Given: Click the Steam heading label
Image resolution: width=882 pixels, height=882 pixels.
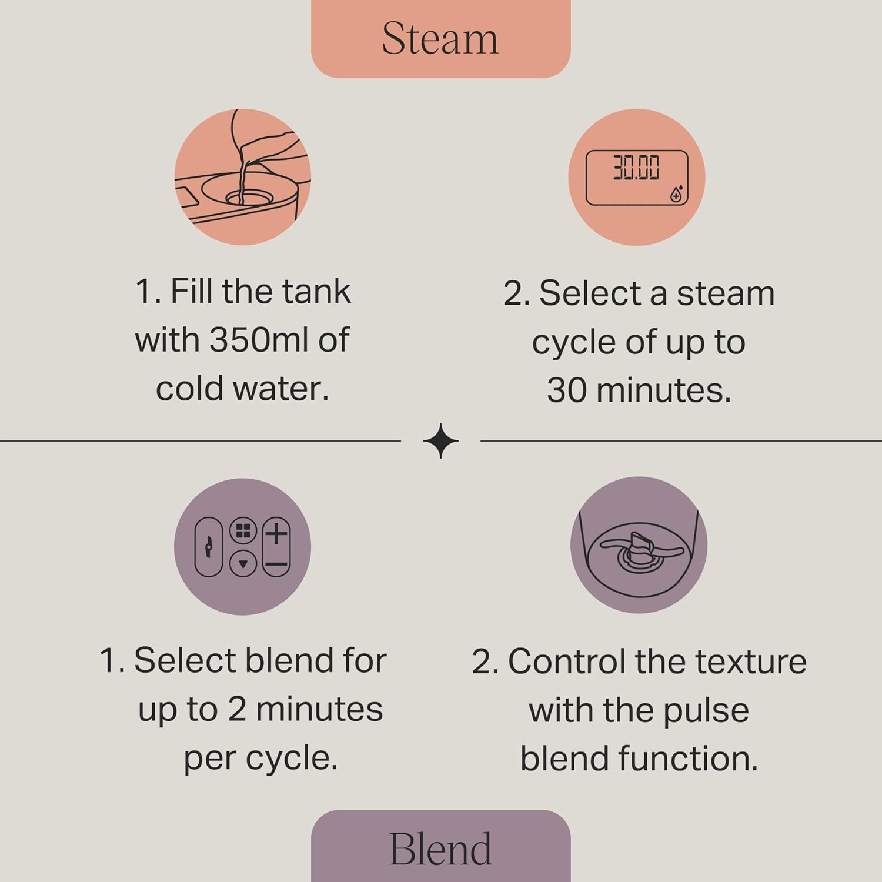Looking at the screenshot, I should tap(440, 39).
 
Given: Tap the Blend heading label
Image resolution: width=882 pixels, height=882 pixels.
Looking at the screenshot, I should tap(440, 849).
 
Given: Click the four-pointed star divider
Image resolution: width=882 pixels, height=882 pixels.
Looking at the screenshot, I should tap(440, 440).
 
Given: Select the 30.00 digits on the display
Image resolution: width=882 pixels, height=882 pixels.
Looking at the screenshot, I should tap(636, 168).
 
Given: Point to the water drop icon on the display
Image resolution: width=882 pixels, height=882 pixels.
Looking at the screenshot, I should tap(677, 195).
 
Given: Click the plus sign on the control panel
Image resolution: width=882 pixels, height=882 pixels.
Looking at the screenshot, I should tap(276, 534).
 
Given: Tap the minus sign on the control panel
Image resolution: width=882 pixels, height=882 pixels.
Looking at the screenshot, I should tap(276, 564).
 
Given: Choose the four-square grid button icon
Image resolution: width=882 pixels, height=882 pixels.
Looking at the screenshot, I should tap(243, 531).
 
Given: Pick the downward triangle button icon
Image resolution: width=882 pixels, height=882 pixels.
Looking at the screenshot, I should tap(243, 564).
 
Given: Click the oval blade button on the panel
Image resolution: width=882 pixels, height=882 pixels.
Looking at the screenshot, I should tap(208, 547).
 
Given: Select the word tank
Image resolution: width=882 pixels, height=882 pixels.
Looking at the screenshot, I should tap(316, 292).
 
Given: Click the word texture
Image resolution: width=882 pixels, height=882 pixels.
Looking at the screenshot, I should tap(750, 661).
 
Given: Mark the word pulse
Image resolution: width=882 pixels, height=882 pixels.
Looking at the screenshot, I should tap(706, 710).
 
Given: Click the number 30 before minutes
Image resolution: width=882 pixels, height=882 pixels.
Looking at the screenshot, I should tap(566, 390).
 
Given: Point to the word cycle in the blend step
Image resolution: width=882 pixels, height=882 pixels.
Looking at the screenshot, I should tap(292, 758).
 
